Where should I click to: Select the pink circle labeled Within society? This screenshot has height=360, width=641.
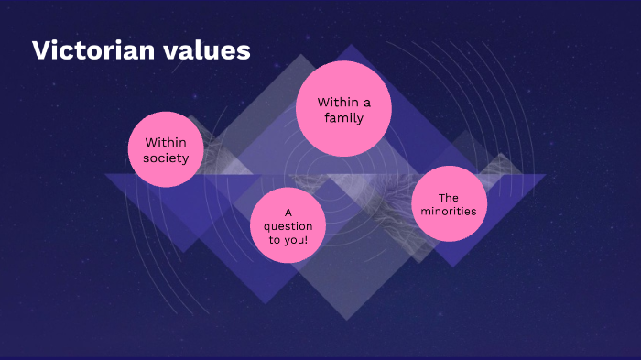coord(165,149)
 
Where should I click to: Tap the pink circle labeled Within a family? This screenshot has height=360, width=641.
coord(344,109)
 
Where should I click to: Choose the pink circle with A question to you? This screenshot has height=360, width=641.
coord(288,225)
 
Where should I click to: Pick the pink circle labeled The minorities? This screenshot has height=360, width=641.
coord(449,204)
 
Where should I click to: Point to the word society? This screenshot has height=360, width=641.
coord(166,158)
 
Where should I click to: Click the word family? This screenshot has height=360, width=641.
coord(344,118)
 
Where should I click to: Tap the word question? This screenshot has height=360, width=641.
coord(288,225)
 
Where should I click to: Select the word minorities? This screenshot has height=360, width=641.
coord(449,212)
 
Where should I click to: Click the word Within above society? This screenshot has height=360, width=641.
coord(166,142)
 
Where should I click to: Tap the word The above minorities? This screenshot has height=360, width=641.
coord(448,197)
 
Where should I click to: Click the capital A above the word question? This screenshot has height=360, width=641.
coord(288,212)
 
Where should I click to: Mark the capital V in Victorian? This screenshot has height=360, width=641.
coord(40,50)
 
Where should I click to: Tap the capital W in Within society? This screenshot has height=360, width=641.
coord(150,142)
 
